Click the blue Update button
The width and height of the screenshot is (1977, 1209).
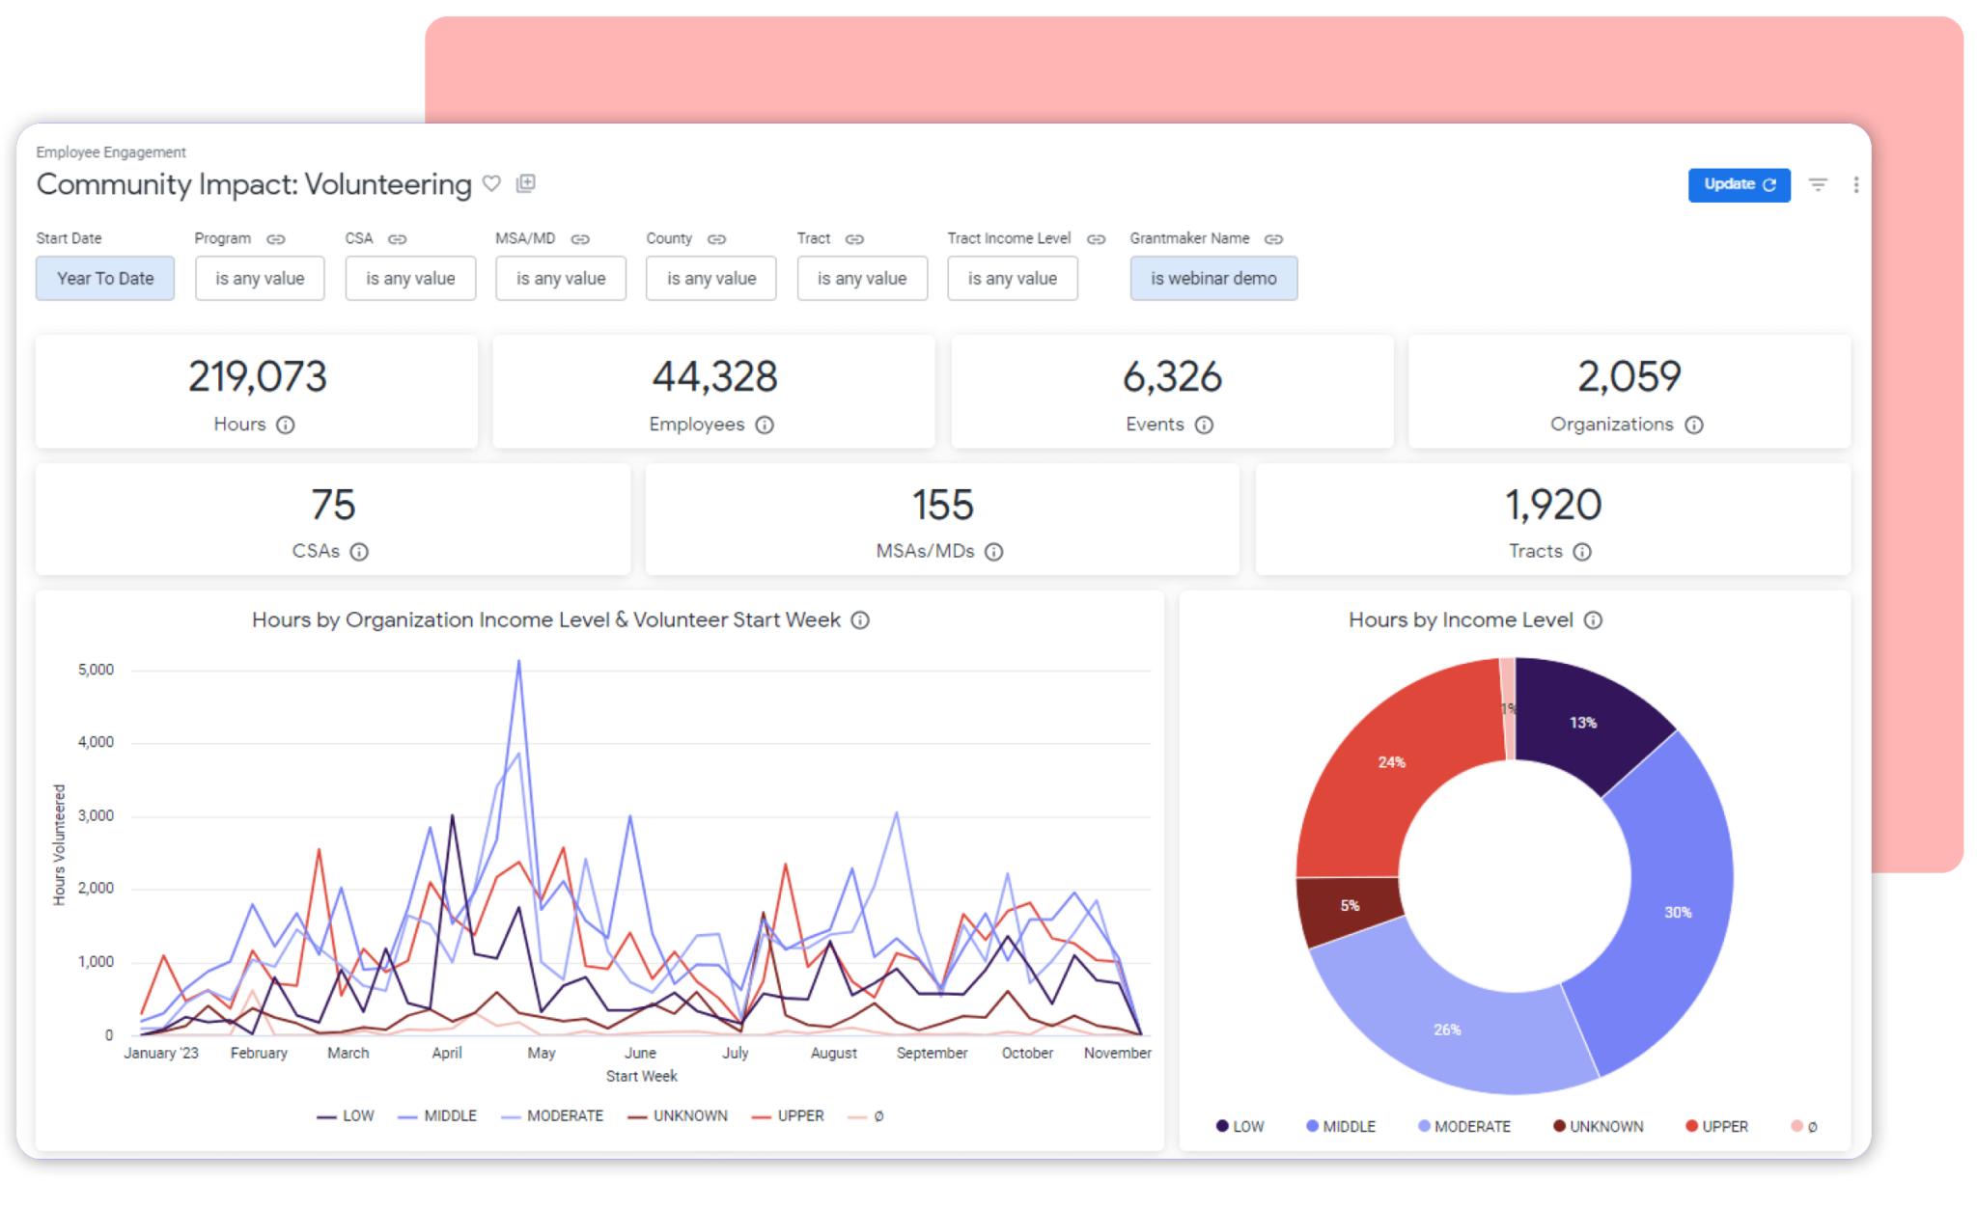1738,184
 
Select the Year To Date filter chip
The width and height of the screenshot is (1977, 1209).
105,278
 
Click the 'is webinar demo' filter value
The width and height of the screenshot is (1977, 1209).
1212,278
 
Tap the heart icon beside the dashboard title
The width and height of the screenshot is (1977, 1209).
491,183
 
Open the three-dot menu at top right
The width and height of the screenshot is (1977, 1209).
1855,184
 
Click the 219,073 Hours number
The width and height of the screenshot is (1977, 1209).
257,376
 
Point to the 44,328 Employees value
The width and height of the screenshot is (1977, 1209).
714,376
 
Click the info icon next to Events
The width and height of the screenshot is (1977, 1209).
1204,425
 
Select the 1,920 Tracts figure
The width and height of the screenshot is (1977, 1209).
1552,505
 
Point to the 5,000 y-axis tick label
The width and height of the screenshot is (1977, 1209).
96,670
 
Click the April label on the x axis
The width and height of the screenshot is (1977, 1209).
446,1053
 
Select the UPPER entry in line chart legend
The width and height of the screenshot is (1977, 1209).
799,1115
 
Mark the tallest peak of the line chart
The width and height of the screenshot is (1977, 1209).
519,662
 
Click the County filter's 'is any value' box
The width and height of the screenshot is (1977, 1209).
710,278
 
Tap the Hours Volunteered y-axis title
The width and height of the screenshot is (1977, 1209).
59,844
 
